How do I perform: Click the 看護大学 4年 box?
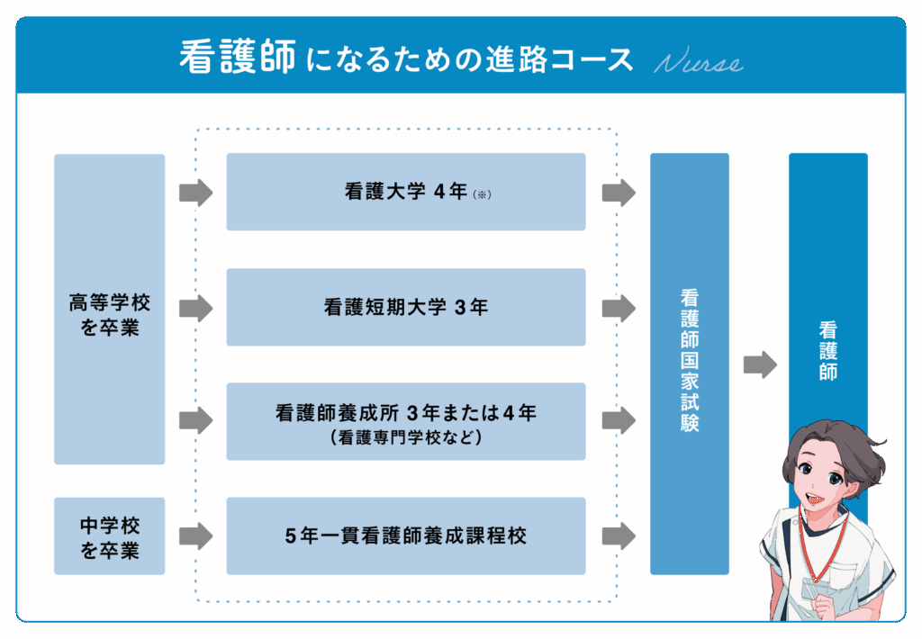406,192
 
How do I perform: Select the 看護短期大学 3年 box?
406,307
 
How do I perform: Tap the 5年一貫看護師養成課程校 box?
406,535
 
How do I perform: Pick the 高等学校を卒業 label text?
109,315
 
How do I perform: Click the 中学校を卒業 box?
109,535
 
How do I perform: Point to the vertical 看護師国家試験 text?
690,360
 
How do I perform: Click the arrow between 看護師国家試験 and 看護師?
760,364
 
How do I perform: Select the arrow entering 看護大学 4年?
195,193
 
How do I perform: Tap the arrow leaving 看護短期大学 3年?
619,308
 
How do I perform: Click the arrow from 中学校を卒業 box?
195,536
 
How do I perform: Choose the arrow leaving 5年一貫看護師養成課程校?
619,536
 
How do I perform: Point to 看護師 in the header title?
238,57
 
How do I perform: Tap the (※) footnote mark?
483,194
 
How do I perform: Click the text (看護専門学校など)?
406,437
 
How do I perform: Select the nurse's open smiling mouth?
815,499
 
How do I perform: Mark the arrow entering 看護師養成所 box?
195,420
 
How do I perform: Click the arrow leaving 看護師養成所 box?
619,420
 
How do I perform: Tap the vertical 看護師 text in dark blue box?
828,350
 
